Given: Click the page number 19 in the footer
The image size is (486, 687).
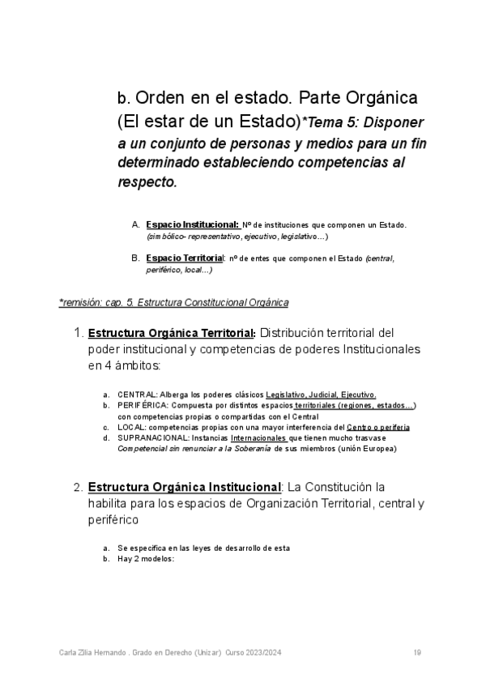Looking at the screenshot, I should [x=416, y=653].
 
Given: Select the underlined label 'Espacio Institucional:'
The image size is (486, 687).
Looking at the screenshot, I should [x=193, y=224].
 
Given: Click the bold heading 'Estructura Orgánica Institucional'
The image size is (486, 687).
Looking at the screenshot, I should [x=184, y=488].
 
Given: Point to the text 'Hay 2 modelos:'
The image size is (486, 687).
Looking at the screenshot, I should [x=146, y=558].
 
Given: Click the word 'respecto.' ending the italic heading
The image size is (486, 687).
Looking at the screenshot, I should [x=147, y=182].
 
